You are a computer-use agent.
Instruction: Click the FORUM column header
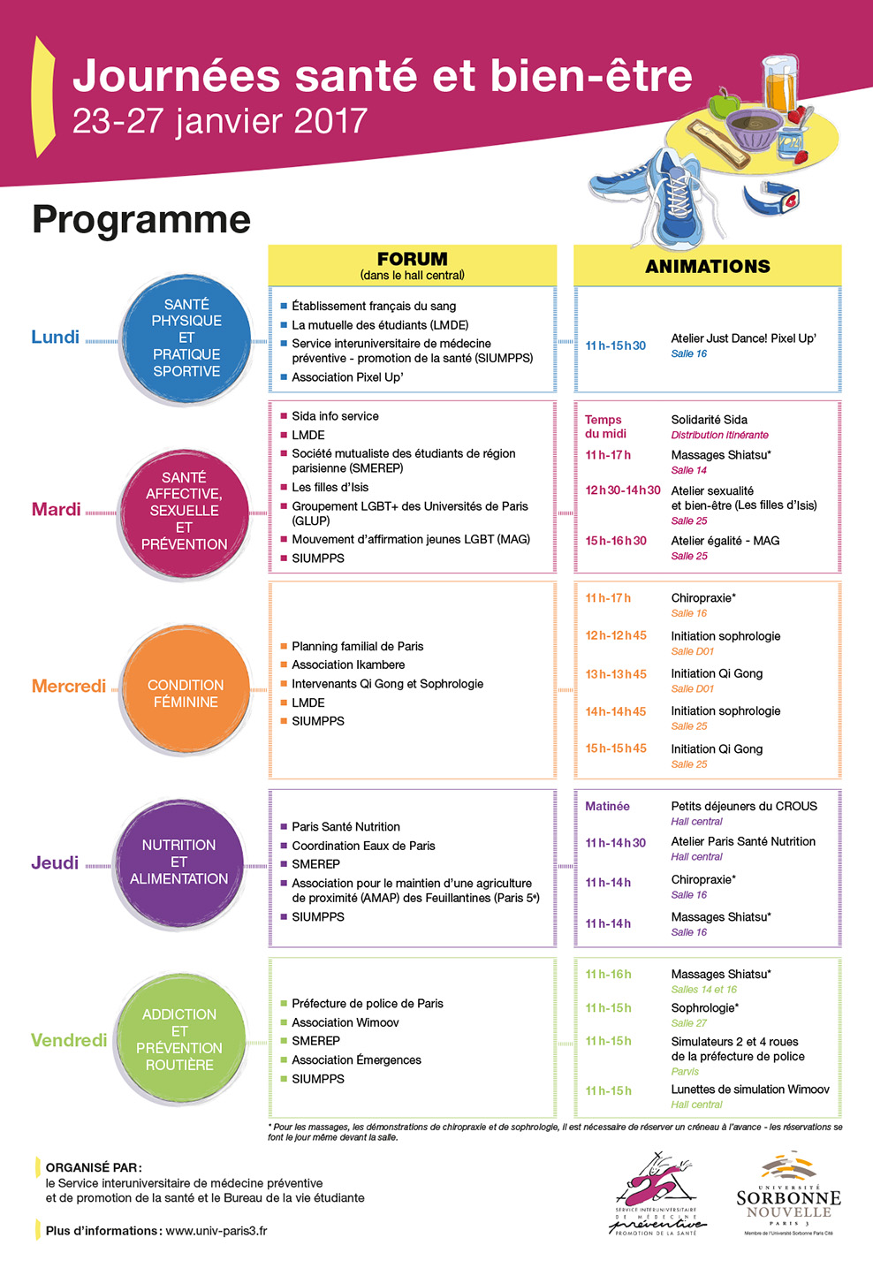coord(412,260)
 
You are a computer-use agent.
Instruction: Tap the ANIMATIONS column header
coord(707,266)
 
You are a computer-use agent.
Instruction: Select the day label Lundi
coord(55,337)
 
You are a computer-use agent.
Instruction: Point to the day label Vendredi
coord(68,1040)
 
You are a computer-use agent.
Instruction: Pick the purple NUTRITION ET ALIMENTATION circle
coord(178,862)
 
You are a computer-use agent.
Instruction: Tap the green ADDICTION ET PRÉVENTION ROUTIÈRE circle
coord(179,1039)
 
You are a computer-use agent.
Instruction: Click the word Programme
coord(141,219)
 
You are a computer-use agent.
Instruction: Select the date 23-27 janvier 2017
coord(219,121)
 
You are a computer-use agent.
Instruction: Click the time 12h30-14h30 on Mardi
coord(622,490)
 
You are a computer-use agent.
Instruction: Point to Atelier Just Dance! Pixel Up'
coord(743,338)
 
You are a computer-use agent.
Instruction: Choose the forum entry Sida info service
coord(335,416)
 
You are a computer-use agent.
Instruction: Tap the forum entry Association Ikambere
coord(348,664)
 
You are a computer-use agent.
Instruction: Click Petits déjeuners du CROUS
coord(744,806)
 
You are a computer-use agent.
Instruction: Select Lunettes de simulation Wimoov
coord(749,1090)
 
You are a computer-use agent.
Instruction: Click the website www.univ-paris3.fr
coord(216,1230)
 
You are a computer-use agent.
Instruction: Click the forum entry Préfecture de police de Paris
coord(367,1004)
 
